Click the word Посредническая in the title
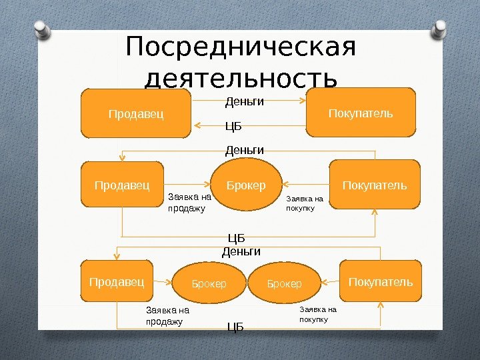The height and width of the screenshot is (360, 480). (240, 48)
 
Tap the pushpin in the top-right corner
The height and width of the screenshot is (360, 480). (441, 28)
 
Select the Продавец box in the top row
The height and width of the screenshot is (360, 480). (136, 114)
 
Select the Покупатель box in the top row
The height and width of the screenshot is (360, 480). (361, 113)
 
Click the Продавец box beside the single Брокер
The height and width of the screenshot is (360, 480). (122, 184)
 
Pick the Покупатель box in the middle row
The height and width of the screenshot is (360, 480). (375, 184)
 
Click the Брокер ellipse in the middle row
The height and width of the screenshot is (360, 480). (245, 185)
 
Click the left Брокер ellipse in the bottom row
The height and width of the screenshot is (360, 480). (209, 284)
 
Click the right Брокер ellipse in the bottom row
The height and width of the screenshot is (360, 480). (285, 284)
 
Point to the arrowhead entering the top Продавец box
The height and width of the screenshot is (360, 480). (197, 124)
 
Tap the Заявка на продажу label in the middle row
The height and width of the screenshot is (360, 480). (189, 203)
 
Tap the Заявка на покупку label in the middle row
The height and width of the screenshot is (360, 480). (304, 203)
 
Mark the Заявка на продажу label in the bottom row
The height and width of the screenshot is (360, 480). (167, 315)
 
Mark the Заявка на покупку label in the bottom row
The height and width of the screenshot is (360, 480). (317, 314)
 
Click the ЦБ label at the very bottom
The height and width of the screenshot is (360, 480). (235, 327)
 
